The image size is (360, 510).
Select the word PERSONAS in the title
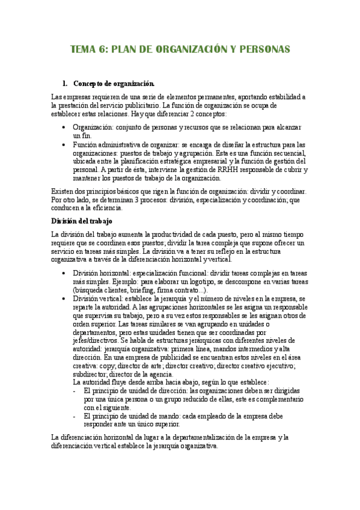(263, 49)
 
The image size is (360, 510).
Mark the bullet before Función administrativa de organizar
(65, 145)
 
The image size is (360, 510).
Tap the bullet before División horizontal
(65, 272)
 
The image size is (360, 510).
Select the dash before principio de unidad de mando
(75, 416)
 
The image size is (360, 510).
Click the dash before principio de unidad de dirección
(75, 390)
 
